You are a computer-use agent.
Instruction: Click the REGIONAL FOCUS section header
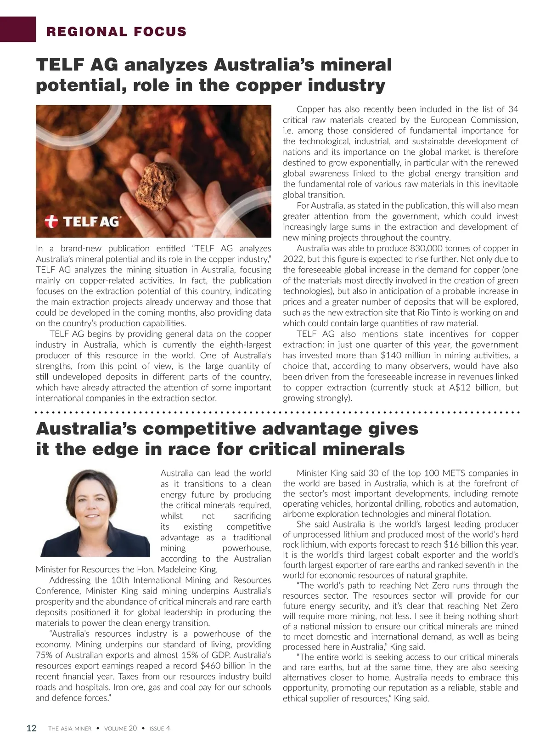pos(117,32)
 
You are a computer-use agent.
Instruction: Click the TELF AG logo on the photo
pos(82,221)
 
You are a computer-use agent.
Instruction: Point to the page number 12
pos(31,728)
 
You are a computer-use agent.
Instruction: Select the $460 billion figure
pos(224,666)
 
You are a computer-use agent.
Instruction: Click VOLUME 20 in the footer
pos(120,728)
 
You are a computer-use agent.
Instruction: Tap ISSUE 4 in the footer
pos(160,728)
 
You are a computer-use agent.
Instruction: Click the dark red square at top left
pos(18,29)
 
